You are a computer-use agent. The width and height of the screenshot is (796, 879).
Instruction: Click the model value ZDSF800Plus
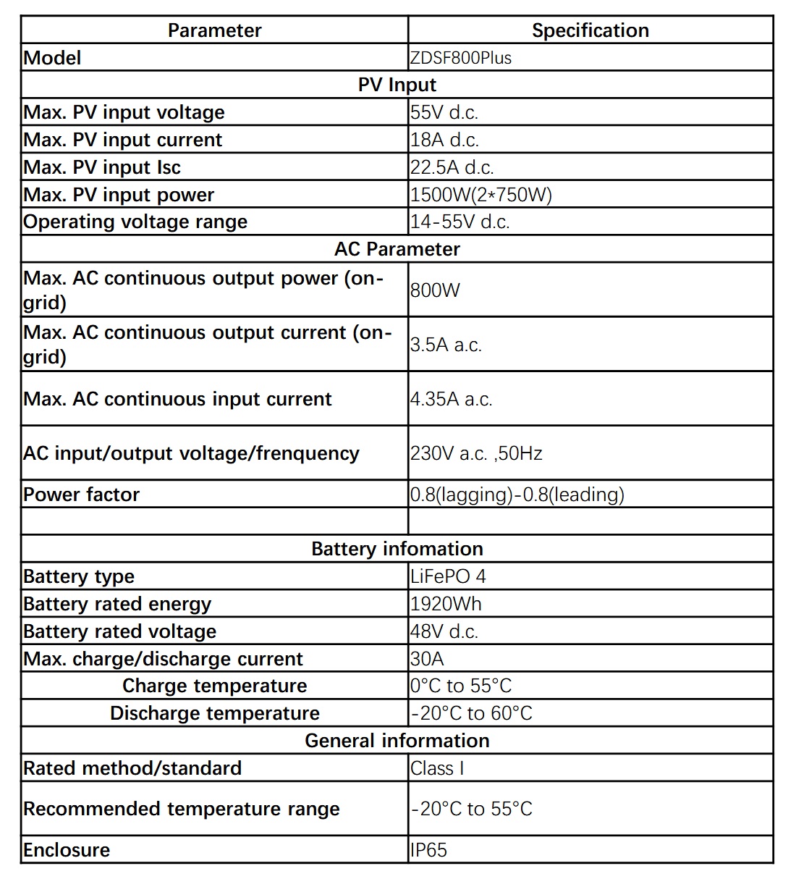pyautogui.click(x=461, y=58)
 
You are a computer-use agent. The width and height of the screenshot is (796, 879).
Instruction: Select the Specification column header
pyautogui.click(x=590, y=30)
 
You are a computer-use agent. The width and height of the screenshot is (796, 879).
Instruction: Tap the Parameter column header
pyautogui.click(x=214, y=30)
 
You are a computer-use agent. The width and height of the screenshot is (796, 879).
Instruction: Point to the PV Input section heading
pyautogui.click(x=397, y=85)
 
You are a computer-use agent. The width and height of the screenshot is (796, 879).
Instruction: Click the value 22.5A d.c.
pyautogui.click(x=452, y=167)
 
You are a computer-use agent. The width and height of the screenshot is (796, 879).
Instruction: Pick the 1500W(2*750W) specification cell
pyautogui.click(x=480, y=195)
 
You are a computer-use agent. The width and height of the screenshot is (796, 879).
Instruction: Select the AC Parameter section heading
pyautogui.click(x=397, y=249)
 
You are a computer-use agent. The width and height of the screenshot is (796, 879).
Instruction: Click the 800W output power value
pyautogui.click(x=435, y=290)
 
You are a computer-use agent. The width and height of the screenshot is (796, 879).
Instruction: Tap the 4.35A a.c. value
pyautogui.click(x=451, y=399)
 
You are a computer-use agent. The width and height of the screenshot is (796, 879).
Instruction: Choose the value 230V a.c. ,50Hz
pyautogui.click(x=476, y=453)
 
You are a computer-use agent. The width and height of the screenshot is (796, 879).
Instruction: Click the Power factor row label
pyautogui.click(x=81, y=495)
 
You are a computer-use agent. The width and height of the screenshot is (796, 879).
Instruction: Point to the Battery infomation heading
pyautogui.click(x=397, y=549)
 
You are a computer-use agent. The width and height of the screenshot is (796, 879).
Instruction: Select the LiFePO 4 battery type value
pyautogui.click(x=448, y=576)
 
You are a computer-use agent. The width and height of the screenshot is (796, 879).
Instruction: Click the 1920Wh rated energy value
pyautogui.click(x=446, y=604)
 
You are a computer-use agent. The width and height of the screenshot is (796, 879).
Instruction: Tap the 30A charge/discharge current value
pyautogui.click(x=427, y=659)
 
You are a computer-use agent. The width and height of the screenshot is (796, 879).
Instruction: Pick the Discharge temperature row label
pyautogui.click(x=214, y=713)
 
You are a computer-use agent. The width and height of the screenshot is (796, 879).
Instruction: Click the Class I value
pyautogui.click(x=437, y=768)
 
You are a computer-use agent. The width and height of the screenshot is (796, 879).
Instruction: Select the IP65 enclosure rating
pyautogui.click(x=428, y=850)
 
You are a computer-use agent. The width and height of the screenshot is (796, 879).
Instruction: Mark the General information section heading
pyautogui.click(x=397, y=741)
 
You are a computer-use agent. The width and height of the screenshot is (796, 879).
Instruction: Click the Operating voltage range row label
pyautogui.click(x=135, y=222)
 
